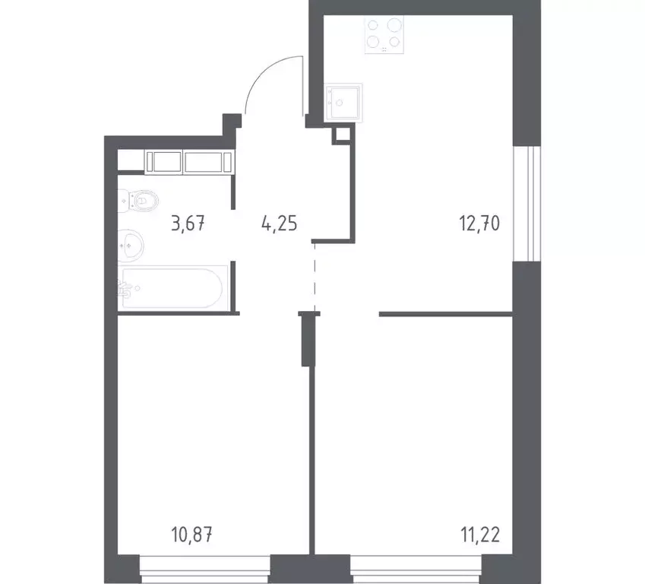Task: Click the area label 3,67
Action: click(189, 224)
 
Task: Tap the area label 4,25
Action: click(278, 224)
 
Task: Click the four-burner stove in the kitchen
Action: click(384, 34)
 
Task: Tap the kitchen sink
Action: click(344, 103)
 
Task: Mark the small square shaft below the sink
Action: click(342, 135)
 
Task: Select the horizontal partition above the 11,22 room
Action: click(445, 313)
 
